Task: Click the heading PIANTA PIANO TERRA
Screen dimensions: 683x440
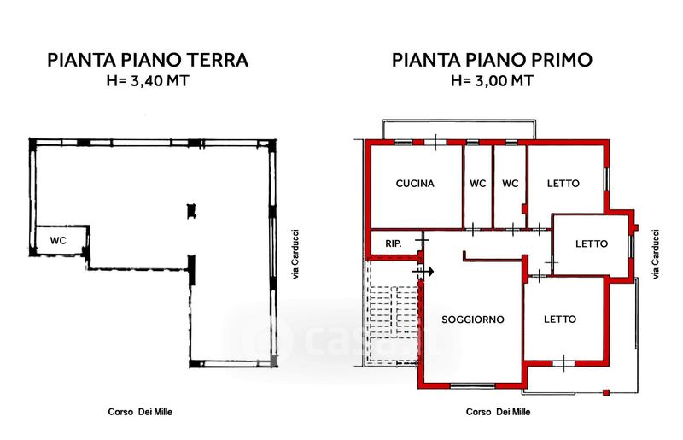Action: coord(148,60)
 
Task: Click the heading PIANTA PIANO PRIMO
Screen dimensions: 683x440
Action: coord(493,60)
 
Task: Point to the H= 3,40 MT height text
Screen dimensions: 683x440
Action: coord(148,81)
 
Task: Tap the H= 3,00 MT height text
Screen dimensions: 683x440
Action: coord(493,81)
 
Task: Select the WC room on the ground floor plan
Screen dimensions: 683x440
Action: coord(58,241)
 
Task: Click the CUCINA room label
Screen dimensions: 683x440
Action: coord(415,184)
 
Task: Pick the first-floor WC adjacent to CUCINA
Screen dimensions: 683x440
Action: coord(478,184)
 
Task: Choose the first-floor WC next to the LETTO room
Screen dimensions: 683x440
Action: coord(510,184)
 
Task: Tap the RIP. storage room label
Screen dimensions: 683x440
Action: coord(394,243)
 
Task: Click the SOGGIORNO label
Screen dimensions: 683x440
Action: coord(473,320)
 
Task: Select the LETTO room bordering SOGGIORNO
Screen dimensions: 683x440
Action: coord(560,320)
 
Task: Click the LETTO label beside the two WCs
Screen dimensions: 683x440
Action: coord(563,184)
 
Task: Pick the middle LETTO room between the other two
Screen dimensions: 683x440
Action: coord(592,243)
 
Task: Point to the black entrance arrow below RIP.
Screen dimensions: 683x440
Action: coord(423,272)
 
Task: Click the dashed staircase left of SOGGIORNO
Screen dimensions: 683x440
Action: coord(392,312)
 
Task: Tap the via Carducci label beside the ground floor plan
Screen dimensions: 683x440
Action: coord(295,255)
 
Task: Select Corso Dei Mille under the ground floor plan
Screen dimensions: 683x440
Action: coord(140,412)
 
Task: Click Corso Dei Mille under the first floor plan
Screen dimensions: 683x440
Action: coord(499,412)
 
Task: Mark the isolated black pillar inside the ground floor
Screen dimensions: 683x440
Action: coord(191,211)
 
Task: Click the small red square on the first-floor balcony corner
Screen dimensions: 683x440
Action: coord(606,392)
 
